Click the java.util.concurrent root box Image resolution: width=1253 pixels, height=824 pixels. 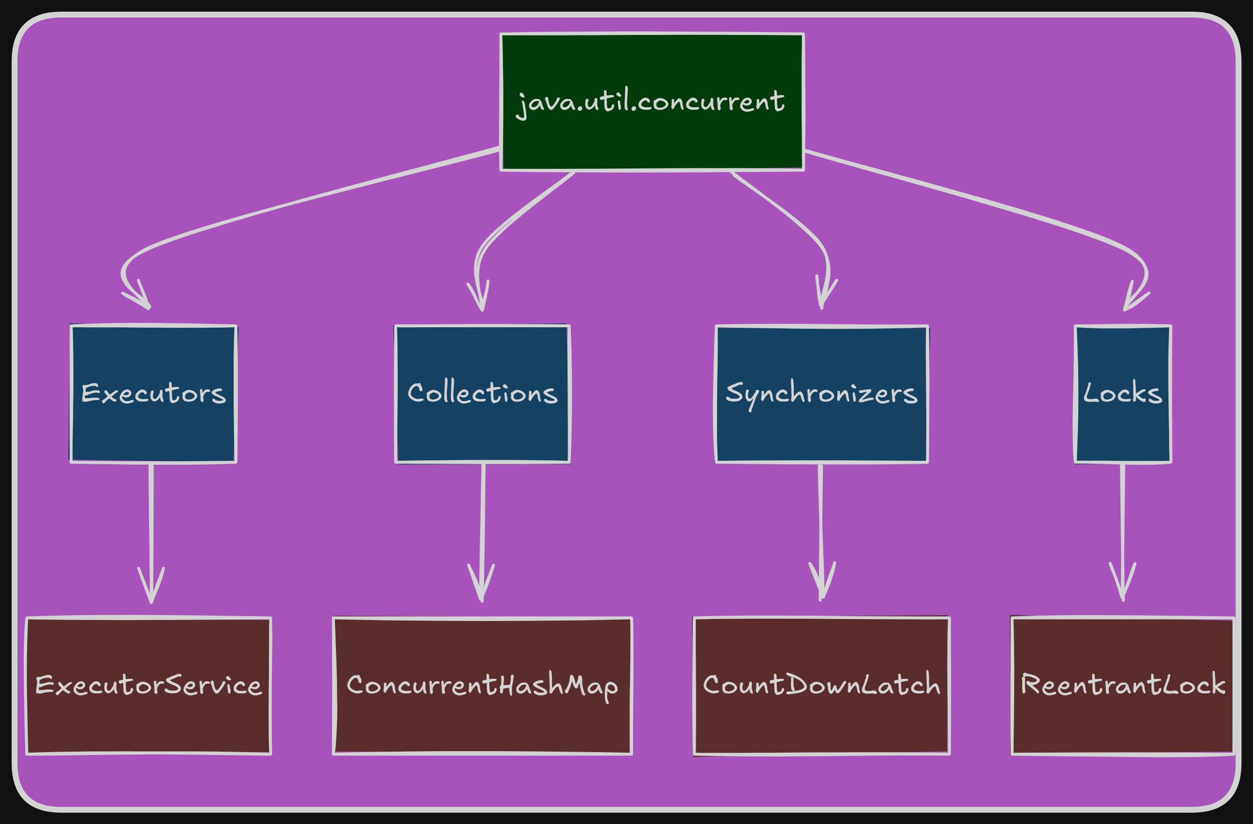click(x=652, y=102)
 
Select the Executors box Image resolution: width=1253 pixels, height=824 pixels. click(x=154, y=393)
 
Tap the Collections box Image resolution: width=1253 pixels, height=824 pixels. click(x=483, y=393)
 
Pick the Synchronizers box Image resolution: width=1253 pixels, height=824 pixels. click(x=822, y=393)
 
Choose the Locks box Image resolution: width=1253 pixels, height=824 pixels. click(x=1123, y=393)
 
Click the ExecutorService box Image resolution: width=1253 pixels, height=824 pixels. click(x=149, y=686)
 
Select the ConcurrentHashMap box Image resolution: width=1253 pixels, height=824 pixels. click(x=483, y=686)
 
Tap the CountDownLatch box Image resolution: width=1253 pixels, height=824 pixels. click(x=822, y=686)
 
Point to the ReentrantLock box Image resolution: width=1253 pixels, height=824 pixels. click(x=1123, y=686)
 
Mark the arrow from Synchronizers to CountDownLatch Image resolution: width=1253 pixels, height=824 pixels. click(x=820, y=532)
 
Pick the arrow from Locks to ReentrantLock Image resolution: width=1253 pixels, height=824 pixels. click(x=1123, y=532)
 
